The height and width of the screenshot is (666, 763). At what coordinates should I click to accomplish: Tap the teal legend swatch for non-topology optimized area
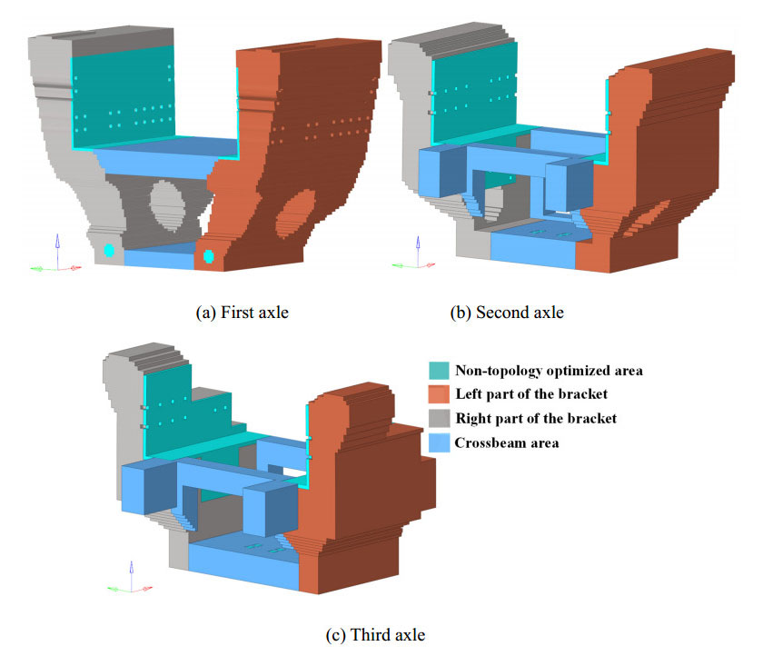coord(439,371)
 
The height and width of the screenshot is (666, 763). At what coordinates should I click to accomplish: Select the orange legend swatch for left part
coord(439,395)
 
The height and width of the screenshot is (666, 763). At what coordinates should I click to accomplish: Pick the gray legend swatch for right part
coord(439,419)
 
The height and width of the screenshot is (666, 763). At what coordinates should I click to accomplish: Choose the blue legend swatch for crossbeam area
coord(439,443)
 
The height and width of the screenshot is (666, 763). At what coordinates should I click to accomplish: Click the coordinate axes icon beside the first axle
coord(56,256)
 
